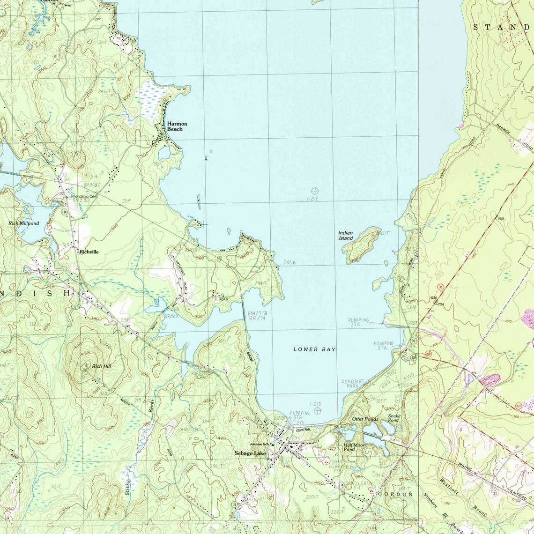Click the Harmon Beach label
tap(177, 126)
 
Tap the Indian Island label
tap(346, 236)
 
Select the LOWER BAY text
tap(314, 349)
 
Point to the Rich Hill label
tap(102, 366)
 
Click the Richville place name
tap(89, 252)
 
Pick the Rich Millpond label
tap(24, 224)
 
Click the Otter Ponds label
tap(365, 419)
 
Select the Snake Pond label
tap(393, 418)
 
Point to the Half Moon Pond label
tap(355, 447)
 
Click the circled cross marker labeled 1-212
tap(315, 191)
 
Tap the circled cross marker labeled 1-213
tap(318, 411)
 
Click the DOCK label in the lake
tap(289, 263)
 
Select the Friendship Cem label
tap(84, 196)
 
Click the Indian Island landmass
tap(363, 244)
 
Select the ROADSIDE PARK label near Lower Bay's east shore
tap(353, 384)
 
